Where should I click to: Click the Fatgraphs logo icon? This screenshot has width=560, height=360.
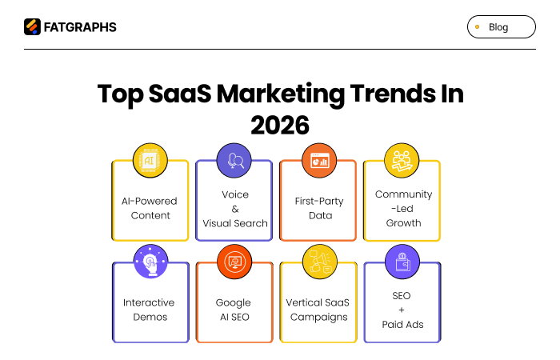[x=32, y=26]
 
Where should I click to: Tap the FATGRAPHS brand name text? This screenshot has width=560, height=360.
[x=79, y=27]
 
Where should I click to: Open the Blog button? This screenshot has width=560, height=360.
[x=501, y=27]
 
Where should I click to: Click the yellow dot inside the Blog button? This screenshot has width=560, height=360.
[x=478, y=27]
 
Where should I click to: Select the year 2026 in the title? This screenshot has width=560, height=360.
[x=279, y=125]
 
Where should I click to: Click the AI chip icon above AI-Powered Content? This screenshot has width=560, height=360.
[x=150, y=161]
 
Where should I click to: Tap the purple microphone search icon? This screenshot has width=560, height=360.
[x=234, y=161]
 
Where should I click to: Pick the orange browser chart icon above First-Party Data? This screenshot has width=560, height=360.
[x=318, y=161]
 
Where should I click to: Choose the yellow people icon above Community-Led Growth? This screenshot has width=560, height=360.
[x=402, y=161]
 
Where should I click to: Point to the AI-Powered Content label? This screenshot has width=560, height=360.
[x=150, y=208]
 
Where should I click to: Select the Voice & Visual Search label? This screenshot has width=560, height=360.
[x=234, y=209]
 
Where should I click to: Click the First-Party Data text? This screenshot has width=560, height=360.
[x=318, y=208]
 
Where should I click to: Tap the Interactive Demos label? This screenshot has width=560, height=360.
[x=150, y=310]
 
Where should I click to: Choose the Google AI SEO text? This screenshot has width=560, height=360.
[x=234, y=310]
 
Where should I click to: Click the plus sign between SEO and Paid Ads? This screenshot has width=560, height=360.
[x=402, y=310]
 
